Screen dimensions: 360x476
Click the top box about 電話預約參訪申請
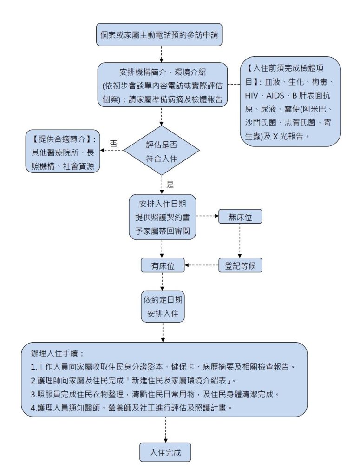coord(159,34)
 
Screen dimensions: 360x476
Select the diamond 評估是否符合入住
coord(161,150)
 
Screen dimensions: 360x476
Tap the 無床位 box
coord(240,217)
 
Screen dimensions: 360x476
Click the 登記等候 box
coord(240,265)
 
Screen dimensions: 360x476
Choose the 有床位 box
coord(163,265)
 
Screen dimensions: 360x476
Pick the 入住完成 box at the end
coord(165,452)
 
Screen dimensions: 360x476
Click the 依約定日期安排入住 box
coord(163,306)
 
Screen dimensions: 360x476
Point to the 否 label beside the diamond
coord(113,144)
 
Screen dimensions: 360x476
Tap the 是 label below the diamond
coord(170,185)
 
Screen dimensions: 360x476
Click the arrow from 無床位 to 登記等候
coord(240,241)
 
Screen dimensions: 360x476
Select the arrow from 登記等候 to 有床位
coord(202,265)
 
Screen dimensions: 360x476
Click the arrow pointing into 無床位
coord(207,216)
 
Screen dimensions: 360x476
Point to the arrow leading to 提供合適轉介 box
coord(111,150)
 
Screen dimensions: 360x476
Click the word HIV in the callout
coord(252,96)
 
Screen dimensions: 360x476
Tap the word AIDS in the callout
coord(275,96)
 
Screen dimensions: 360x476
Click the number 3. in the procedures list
coord(33,394)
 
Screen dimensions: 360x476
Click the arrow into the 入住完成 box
coord(165,430)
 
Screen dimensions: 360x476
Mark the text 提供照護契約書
coord(163,218)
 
